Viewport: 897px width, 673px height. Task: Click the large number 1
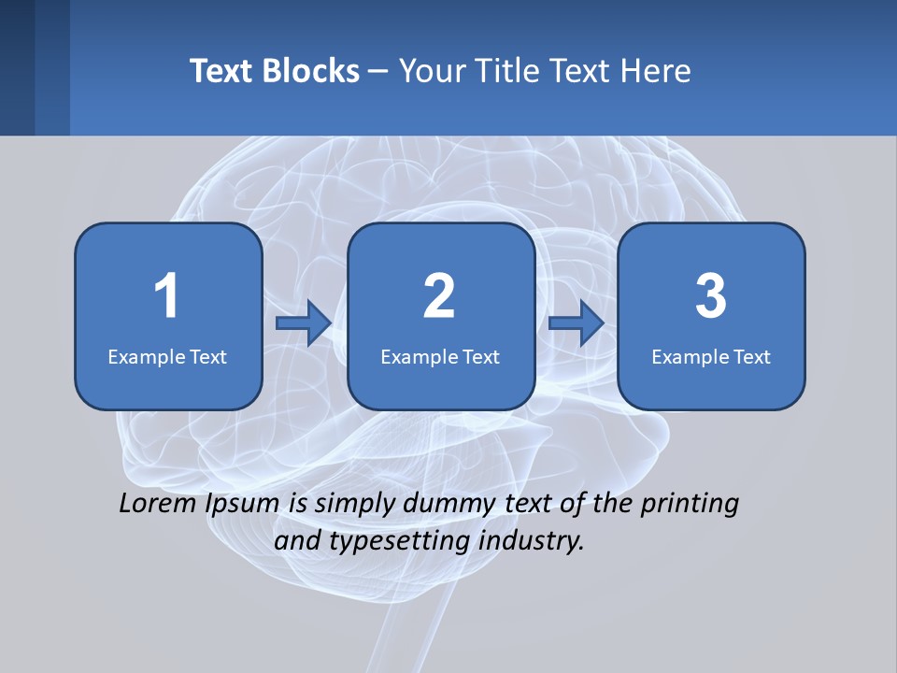[x=166, y=296]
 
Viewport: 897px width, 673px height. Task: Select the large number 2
[x=439, y=296]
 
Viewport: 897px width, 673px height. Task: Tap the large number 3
[x=711, y=296]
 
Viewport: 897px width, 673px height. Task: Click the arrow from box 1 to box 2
[x=305, y=323]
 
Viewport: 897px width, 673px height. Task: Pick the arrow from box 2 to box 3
[x=577, y=323]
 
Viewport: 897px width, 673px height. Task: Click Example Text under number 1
[x=167, y=356]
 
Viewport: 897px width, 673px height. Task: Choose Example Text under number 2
[x=440, y=356]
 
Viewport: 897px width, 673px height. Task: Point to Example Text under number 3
[x=711, y=356]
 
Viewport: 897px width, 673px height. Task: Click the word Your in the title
[x=431, y=71]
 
